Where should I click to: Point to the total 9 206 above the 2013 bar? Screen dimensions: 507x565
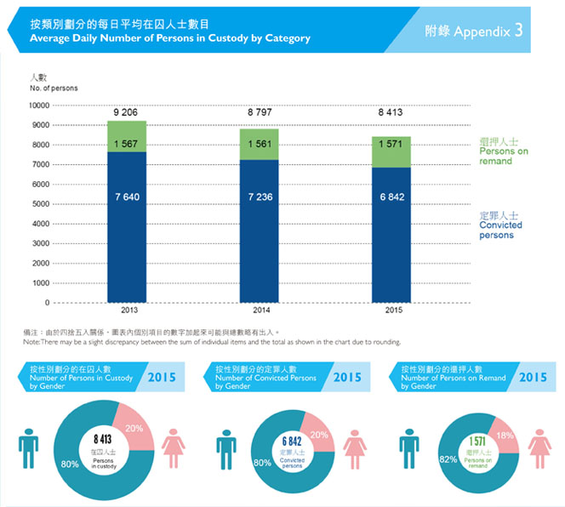(126, 111)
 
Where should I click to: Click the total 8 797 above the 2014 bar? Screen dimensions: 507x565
(260, 111)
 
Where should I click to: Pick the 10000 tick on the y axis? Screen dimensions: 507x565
(40, 106)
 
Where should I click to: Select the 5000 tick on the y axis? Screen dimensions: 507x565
(42, 204)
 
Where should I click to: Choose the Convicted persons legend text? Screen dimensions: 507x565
(500, 230)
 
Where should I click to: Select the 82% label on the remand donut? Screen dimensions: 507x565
(422, 459)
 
